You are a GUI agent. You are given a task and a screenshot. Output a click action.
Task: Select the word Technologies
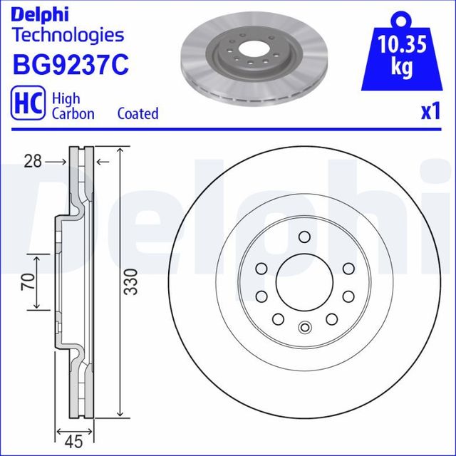68,35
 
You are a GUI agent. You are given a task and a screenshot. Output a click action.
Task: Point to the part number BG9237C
70,64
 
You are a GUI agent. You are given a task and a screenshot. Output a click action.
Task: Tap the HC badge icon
26,105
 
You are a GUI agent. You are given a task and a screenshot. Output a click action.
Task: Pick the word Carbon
73,113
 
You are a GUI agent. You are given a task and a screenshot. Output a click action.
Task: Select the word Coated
138,113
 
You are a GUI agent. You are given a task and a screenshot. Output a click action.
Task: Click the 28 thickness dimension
32,162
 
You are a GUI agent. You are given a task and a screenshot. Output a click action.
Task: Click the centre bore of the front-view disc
304,282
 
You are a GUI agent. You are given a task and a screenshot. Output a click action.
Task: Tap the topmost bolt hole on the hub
304,237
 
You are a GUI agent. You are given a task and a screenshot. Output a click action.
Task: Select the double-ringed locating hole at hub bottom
304,328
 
